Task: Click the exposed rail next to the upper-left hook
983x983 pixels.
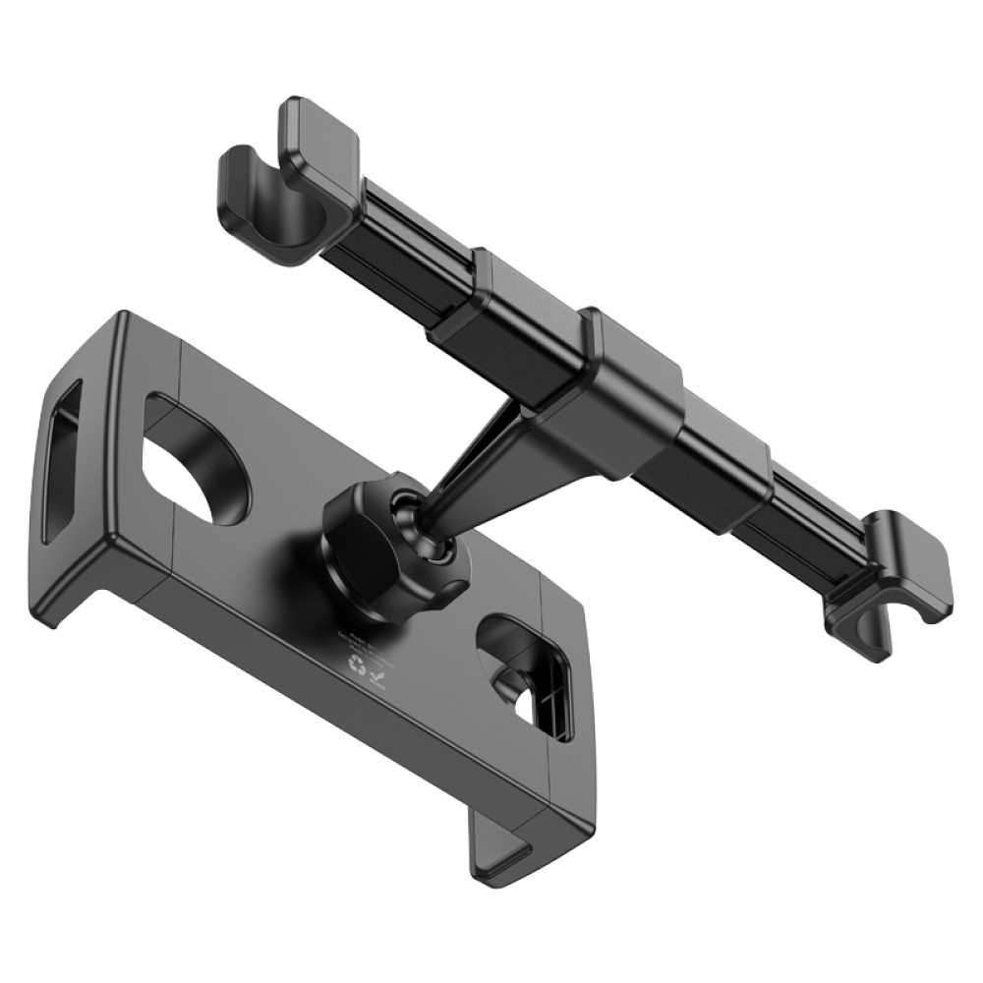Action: (393, 241)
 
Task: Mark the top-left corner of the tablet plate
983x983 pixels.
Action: (123, 319)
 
